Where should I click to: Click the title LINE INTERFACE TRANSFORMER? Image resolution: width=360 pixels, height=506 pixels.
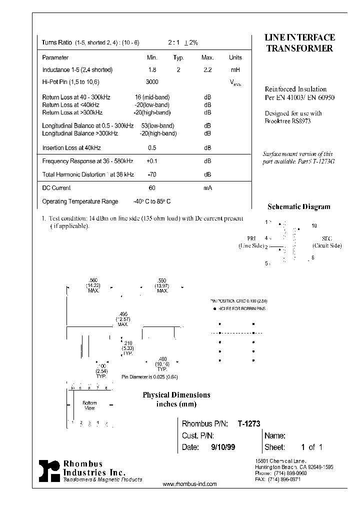pos(299,43)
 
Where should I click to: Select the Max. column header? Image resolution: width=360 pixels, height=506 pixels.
pos(207,57)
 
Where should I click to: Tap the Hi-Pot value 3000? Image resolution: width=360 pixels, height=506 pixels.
pos(152,81)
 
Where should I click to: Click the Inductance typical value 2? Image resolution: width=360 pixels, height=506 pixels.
pos(178,70)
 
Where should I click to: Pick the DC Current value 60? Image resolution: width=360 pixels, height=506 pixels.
pos(152,188)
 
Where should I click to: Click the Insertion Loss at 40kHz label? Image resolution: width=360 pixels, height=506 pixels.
pos(71,148)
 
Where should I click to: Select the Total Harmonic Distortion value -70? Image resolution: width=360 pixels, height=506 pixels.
pos(152,174)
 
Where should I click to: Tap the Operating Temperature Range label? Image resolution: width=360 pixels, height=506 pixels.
pos(80,201)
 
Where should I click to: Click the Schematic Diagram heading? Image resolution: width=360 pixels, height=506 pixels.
pos(299,206)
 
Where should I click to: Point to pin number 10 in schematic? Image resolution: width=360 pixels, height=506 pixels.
pos(314,226)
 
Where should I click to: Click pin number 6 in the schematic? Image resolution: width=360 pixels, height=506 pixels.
pos(313,257)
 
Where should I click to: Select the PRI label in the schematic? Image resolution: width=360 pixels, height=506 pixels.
pos(251,239)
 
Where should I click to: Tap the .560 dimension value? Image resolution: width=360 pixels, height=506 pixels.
pos(92,280)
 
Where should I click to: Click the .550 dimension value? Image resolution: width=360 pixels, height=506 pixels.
pos(161,280)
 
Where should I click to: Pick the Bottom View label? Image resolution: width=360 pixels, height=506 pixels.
pos(89,405)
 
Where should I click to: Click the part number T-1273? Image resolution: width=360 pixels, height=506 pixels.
pos(248,423)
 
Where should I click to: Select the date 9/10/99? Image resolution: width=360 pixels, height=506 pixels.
pos(223,447)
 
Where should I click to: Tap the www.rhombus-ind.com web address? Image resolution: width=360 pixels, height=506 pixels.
pos(190,484)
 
